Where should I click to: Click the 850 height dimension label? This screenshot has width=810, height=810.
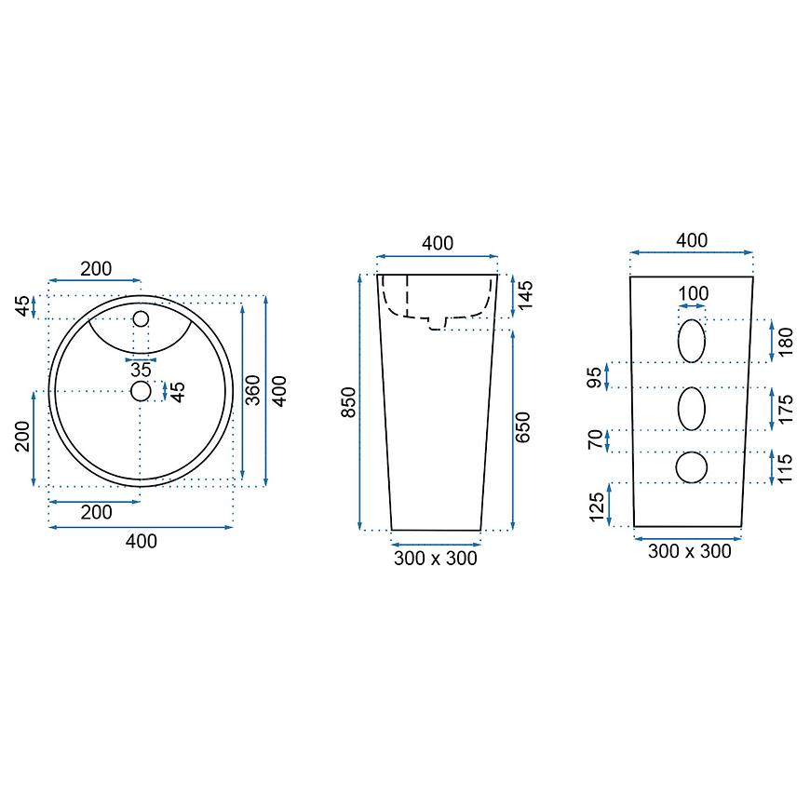pyautogui.click(x=350, y=402)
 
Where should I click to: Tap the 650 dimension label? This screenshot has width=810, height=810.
pyautogui.click(x=523, y=427)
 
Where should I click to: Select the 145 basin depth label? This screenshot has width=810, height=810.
pyautogui.click(x=525, y=295)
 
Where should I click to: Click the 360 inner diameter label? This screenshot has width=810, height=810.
pyautogui.click(x=252, y=390)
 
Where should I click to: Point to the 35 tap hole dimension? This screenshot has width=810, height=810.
pyautogui.click(x=141, y=370)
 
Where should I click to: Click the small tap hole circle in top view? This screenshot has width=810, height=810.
pyautogui.click(x=141, y=318)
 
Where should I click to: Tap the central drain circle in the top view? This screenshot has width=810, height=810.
pyautogui.click(x=141, y=391)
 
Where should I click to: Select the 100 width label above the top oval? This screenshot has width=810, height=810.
pyautogui.click(x=693, y=293)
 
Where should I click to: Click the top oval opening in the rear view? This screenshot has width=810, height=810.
pyautogui.click(x=692, y=341)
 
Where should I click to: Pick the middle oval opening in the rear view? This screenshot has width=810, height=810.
pyautogui.click(x=692, y=409)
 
